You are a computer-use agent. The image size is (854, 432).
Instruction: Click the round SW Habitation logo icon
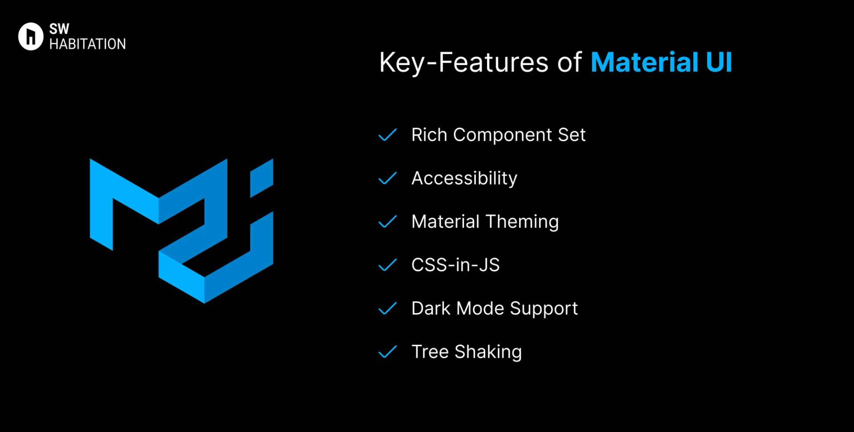[x=31, y=36]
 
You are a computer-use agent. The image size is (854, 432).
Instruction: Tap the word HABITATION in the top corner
[x=88, y=44]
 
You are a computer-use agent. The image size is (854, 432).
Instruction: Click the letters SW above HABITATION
[x=59, y=29]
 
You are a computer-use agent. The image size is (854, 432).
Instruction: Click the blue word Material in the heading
[x=645, y=62]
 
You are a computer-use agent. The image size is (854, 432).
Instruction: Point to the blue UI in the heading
[x=719, y=62]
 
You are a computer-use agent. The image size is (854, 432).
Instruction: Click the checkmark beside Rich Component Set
[x=387, y=135]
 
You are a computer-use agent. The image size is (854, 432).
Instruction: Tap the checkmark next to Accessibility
[x=387, y=178]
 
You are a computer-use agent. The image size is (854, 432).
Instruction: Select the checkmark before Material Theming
[x=387, y=222]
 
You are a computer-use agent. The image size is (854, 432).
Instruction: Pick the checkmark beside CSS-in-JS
[x=387, y=265]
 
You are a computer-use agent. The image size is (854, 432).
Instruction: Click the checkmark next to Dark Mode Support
[x=387, y=308]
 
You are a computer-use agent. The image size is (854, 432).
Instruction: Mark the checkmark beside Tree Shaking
[x=387, y=352]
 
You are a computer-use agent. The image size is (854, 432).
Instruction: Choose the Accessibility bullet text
[x=464, y=178]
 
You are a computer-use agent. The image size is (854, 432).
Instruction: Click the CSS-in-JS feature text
[x=455, y=265]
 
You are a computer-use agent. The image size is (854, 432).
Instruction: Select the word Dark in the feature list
[x=431, y=308]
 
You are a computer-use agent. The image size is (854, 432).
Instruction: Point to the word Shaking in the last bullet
[x=488, y=352]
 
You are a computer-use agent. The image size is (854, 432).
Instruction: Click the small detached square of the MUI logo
[x=262, y=178]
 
